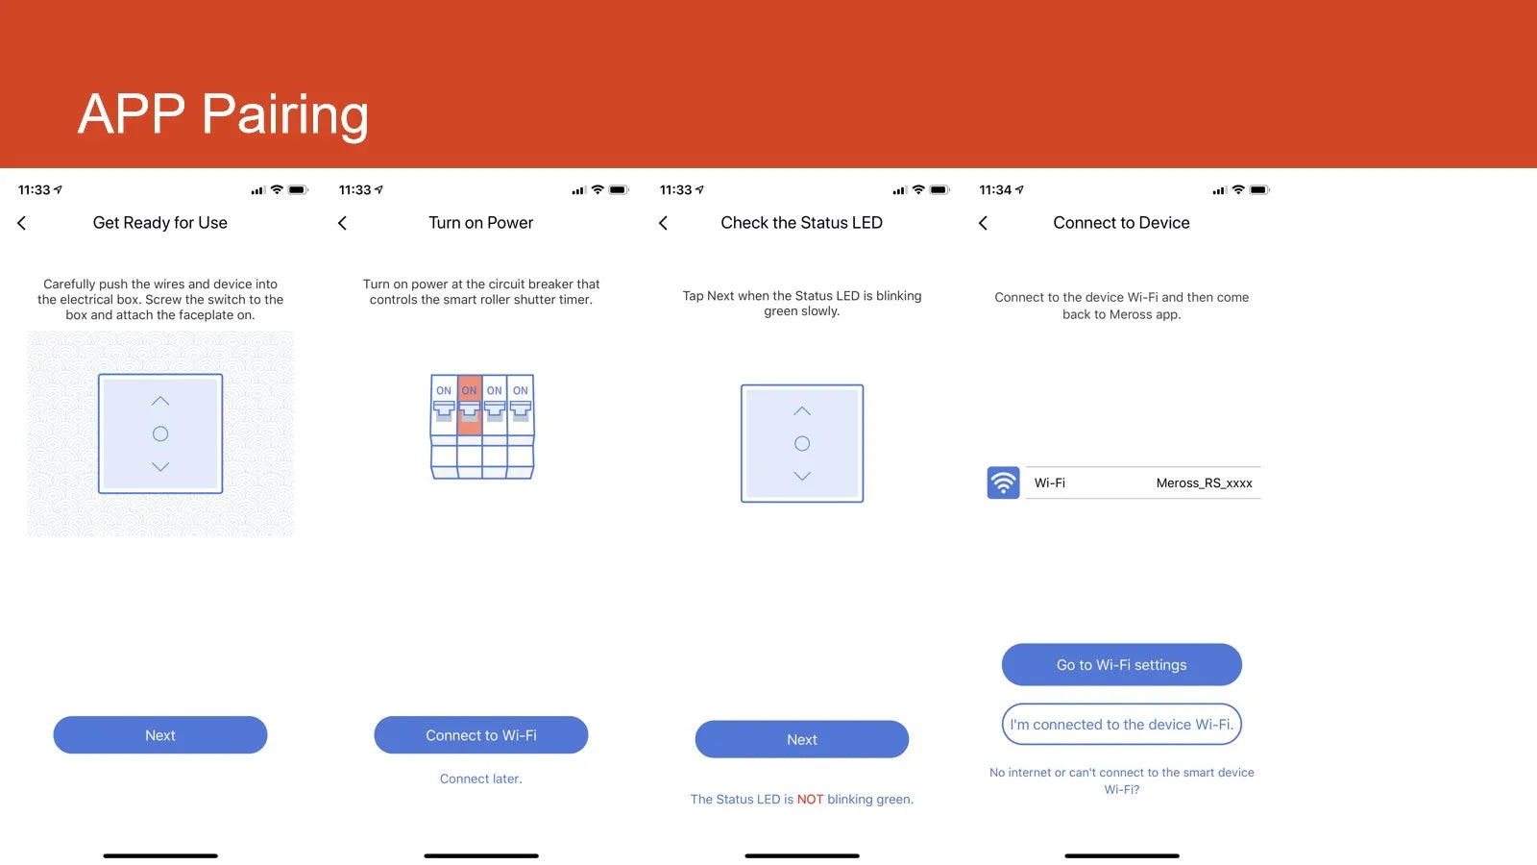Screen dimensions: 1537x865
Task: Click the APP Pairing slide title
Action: pos(223,114)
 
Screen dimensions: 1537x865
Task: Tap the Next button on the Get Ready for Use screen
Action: pos(159,735)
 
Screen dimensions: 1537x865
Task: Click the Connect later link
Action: pos(480,778)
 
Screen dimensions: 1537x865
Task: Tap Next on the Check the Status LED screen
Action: pos(801,739)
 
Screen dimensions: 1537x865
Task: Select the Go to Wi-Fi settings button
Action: pos(1121,664)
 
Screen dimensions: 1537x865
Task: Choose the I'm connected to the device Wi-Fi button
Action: pos(1121,725)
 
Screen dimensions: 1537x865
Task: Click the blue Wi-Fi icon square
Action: pos(1003,482)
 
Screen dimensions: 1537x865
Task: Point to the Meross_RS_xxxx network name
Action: pos(1204,483)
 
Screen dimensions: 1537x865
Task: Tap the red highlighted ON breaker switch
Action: pos(470,405)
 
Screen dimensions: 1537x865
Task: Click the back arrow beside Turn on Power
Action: pos(342,223)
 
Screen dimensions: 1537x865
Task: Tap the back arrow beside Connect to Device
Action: pos(983,223)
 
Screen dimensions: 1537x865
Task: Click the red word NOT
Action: pos(810,799)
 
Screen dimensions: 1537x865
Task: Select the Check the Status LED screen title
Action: pos(801,222)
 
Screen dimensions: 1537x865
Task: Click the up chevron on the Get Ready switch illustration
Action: pos(159,401)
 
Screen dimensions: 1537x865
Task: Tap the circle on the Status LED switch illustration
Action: pos(801,443)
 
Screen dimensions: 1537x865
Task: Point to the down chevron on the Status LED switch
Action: pos(801,476)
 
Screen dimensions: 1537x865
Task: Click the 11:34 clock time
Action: pos(995,190)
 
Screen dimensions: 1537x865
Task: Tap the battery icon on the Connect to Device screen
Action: pos(1259,190)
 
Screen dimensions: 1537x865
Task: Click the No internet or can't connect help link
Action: pos(1121,780)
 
